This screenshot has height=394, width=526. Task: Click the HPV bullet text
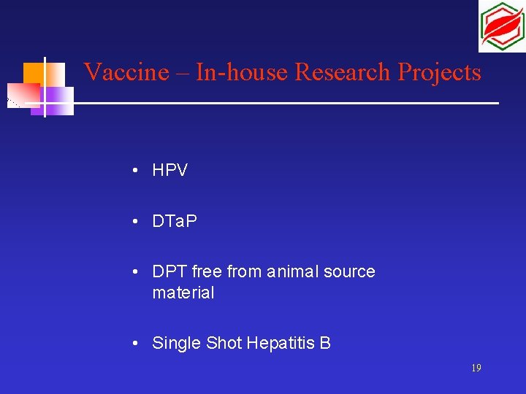[x=169, y=171]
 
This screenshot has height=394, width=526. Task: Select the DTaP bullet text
[x=175, y=221]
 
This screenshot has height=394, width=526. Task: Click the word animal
[x=297, y=272]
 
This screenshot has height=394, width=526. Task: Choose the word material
[x=183, y=293]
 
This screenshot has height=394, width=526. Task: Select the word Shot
[x=223, y=343]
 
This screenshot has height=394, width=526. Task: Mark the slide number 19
[x=476, y=368]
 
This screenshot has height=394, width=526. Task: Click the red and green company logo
[x=501, y=26]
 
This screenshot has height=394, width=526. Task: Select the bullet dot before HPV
[x=137, y=171]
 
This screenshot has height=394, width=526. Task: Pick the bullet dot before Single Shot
[x=137, y=343]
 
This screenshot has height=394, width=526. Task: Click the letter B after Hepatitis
[x=325, y=343]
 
